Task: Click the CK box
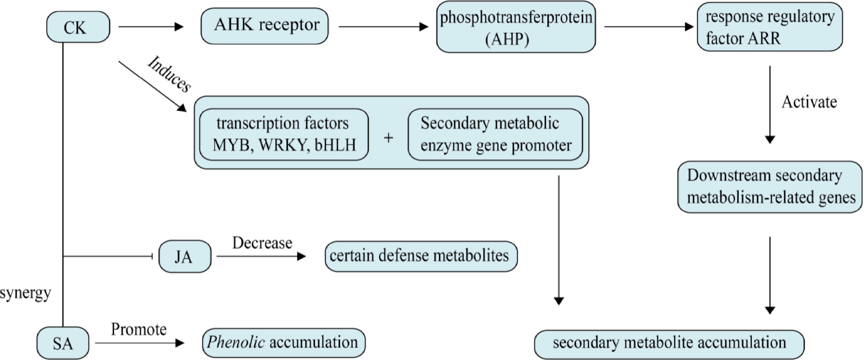tap(78, 27)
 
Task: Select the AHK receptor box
tap(265, 26)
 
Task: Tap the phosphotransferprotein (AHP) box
tap(516, 27)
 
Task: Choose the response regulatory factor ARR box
tap(770, 27)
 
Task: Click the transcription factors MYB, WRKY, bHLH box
tap(284, 134)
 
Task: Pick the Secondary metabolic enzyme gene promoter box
tap(495, 134)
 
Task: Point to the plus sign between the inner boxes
tap(388, 137)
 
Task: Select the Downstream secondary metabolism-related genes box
tap(770, 187)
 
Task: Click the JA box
tap(185, 257)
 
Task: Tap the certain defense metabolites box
tap(421, 256)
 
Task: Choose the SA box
tap(63, 344)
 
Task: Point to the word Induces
tap(169, 74)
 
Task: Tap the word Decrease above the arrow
tap(262, 243)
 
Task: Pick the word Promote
tap(139, 330)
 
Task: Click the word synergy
tap(26, 293)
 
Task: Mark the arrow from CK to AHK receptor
tap(151, 27)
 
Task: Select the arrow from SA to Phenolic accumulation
tap(140, 343)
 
